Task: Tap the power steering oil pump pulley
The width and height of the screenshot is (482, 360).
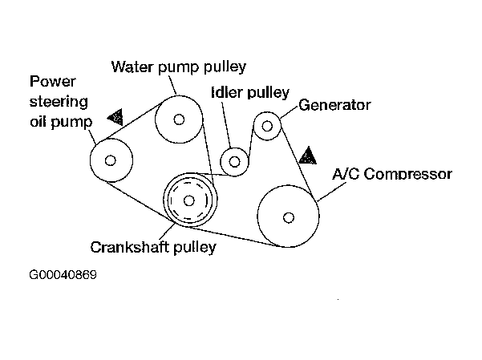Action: click(111, 160)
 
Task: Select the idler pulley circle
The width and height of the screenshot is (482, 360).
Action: click(235, 162)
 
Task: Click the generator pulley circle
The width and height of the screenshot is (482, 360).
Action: click(267, 126)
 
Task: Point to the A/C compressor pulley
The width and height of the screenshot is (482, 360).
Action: click(288, 216)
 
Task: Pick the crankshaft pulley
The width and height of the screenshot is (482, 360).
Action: click(189, 200)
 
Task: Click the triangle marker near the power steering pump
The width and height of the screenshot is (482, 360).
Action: click(116, 118)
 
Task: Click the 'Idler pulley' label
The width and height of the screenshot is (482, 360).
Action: click(249, 93)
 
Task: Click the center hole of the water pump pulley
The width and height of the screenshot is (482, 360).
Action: click(180, 120)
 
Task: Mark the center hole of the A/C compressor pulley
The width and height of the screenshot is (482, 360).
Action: click(288, 216)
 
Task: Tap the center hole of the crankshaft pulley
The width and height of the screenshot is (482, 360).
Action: click(189, 200)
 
